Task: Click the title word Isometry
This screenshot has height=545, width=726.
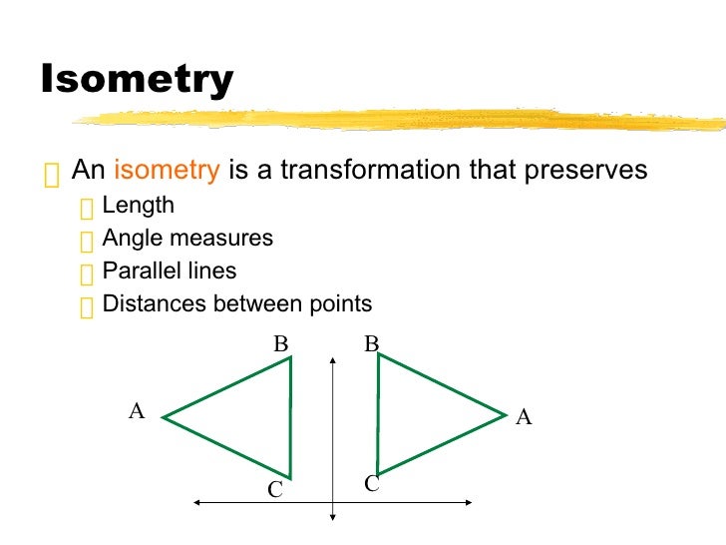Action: tap(137, 80)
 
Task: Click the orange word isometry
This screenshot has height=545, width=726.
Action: tap(167, 170)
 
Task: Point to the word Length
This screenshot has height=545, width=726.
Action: tap(139, 206)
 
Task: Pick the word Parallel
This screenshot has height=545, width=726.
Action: tap(139, 271)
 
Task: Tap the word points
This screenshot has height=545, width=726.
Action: tap(339, 303)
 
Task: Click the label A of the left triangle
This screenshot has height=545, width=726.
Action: tap(137, 410)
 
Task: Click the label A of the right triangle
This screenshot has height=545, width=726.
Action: tap(524, 418)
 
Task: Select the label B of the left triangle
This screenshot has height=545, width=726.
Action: tap(281, 344)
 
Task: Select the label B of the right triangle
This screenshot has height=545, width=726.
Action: tap(372, 344)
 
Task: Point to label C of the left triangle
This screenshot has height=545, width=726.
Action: tap(275, 490)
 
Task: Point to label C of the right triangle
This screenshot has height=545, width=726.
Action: tap(372, 484)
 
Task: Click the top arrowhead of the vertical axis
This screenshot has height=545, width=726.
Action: tap(332, 355)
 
